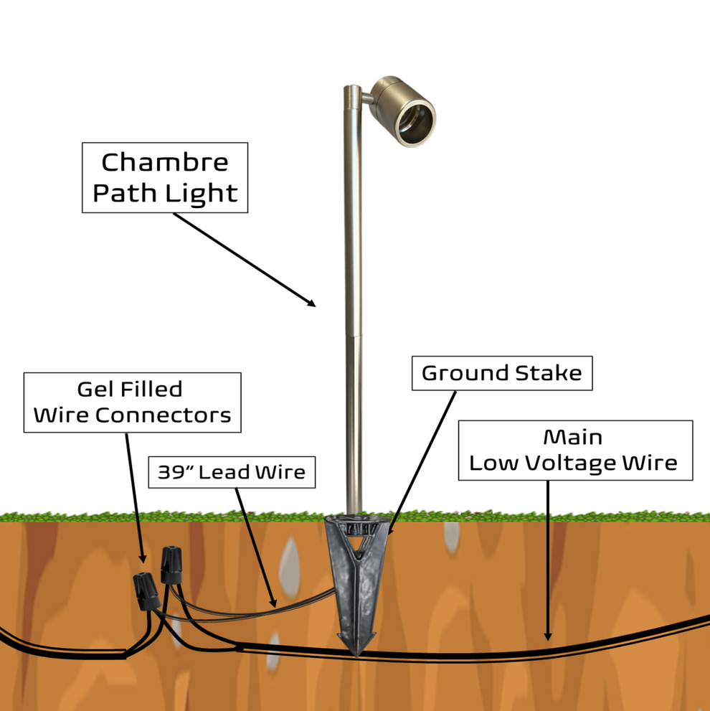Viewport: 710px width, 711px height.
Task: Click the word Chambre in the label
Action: [x=165, y=162]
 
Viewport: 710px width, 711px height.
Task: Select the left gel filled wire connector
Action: [x=146, y=592]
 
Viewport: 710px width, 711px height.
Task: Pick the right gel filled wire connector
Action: [x=171, y=565]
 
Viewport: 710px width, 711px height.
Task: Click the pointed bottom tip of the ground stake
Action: [x=356, y=653]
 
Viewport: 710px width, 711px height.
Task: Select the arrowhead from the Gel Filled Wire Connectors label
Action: [x=142, y=559]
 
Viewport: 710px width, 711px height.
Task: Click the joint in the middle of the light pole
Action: [x=352, y=334]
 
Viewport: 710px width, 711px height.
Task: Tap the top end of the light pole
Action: [x=351, y=88]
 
